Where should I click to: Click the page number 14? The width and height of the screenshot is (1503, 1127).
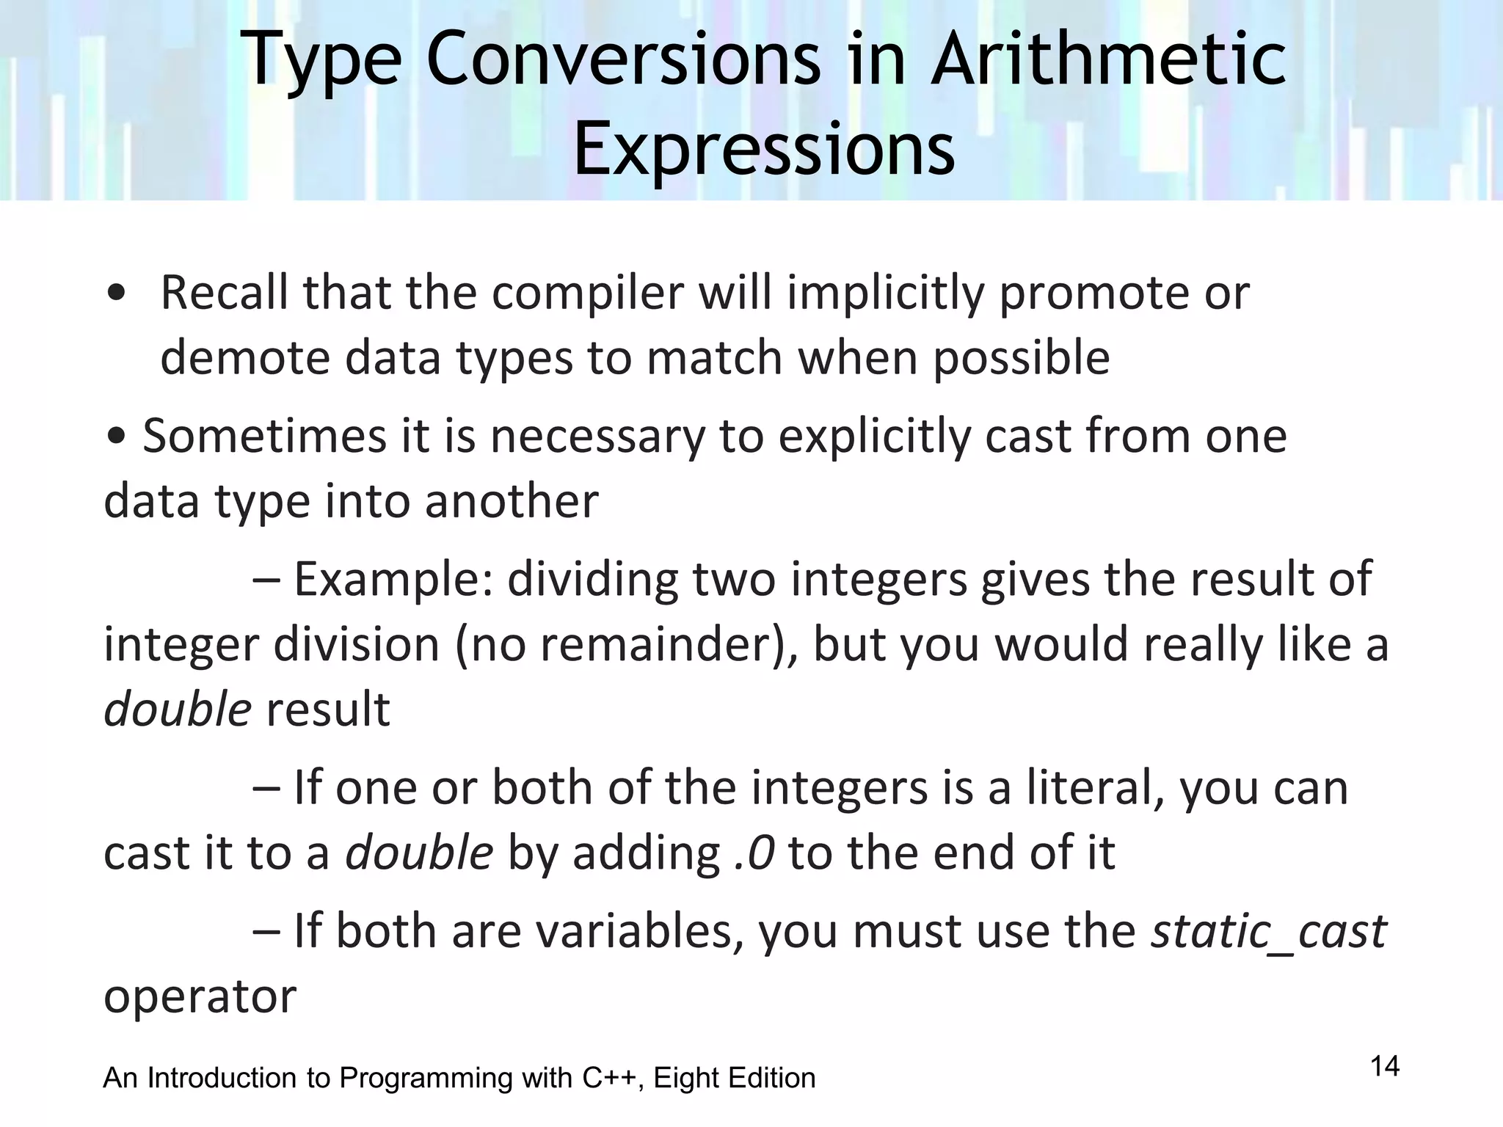click(x=1385, y=1066)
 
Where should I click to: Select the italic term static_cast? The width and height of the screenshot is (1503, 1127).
click(x=1268, y=931)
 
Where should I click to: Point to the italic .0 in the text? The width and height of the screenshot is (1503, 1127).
click(x=754, y=853)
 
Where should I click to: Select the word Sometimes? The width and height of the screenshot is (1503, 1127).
click(x=264, y=436)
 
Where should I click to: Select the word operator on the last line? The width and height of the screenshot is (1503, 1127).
click(x=200, y=996)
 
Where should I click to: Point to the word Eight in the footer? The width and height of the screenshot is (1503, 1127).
click(x=685, y=1078)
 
